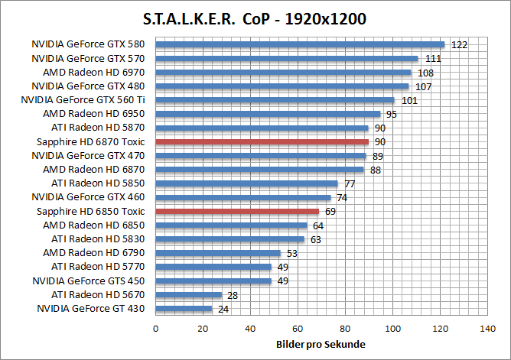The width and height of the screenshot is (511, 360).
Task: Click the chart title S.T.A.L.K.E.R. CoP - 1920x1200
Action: (255, 18)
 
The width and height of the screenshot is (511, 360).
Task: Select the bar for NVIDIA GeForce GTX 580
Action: (300, 44)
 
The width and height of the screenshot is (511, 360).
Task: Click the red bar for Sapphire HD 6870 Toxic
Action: (262, 141)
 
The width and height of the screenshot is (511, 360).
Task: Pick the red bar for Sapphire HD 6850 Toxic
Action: (237, 211)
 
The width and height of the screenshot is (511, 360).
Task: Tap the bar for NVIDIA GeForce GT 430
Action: (184, 309)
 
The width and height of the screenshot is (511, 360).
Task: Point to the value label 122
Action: (459, 44)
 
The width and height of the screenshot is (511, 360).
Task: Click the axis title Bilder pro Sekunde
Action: (321, 345)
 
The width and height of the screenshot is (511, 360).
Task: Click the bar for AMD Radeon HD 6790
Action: (218, 253)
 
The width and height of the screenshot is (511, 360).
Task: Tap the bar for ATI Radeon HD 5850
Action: (246, 183)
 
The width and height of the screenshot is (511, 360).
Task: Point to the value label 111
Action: (433, 58)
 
